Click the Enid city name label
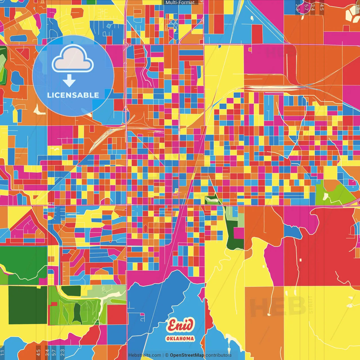click(180, 325)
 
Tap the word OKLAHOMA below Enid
click(180, 339)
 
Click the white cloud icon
click(73, 59)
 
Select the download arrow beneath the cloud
click(69, 81)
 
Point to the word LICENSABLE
click(73, 95)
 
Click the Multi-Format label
click(180, 3)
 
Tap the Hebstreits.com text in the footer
click(145, 355)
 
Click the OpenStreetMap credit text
click(187, 355)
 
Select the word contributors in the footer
click(219, 355)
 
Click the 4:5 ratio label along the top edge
click(322, 7)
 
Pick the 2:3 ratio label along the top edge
click(298, 7)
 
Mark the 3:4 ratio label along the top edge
click(313, 7)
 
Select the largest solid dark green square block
click(28, 305)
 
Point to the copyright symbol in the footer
click(166, 355)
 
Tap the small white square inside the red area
click(300, 260)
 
